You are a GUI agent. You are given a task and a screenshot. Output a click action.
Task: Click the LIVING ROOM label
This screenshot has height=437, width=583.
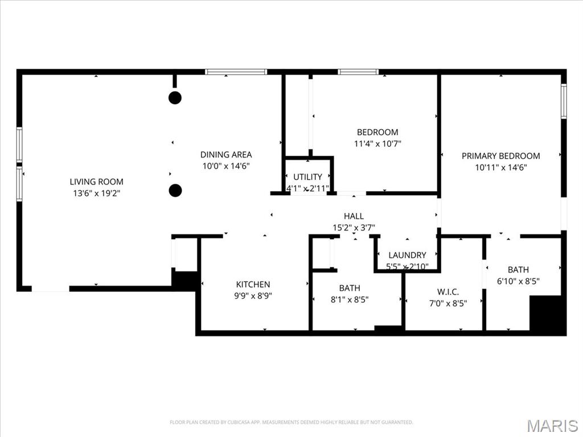pyautogui.click(x=96, y=182)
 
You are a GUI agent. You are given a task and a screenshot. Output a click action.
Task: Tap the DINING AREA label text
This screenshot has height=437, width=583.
pyautogui.click(x=226, y=154)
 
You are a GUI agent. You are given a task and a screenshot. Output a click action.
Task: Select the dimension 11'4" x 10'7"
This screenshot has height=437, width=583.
pyautogui.click(x=377, y=144)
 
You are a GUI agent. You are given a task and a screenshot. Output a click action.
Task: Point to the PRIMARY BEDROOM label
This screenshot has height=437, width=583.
pyautogui.click(x=500, y=156)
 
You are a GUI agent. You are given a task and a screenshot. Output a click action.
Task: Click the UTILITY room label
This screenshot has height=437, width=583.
pyautogui.click(x=308, y=177)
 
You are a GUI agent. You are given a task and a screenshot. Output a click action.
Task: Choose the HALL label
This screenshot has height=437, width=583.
pyautogui.click(x=354, y=216)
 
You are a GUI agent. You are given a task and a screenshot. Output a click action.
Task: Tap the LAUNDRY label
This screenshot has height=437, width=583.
pyautogui.click(x=407, y=255)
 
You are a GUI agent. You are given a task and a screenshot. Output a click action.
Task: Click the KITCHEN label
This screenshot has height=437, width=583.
pyautogui.click(x=253, y=284)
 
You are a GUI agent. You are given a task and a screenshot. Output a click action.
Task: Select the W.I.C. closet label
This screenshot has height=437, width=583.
pyautogui.click(x=448, y=292)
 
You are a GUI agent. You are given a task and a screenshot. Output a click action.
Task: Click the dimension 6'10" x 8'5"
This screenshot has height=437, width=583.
pyautogui.click(x=518, y=281)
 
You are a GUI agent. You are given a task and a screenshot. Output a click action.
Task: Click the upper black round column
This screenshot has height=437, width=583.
pyautogui.click(x=175, y=97)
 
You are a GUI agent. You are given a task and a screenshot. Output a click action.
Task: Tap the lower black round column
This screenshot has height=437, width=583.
pyautogui.click(x=175, y=191)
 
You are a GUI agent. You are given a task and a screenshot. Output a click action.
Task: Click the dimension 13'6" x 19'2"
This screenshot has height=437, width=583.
pyautogui.click(x=96, y=193)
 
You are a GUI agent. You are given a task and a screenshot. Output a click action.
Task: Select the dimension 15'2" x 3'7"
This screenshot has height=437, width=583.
pyautogui.click(x=354, y=228)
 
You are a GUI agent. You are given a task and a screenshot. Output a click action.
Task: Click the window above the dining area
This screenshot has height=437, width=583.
pyautogui.click(x=236, y=72)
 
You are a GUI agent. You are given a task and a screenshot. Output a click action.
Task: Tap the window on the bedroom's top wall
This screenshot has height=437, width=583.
pyautogui.click(x=358, y=72)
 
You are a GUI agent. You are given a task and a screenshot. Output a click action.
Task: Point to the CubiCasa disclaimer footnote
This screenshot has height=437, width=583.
pyautogui.click(x=291, y=422)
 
